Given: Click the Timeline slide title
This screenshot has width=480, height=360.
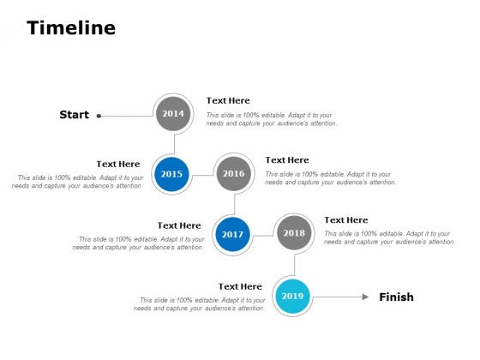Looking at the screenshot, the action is coord(71,27).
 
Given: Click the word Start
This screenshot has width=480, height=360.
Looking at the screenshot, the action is coord(74,115).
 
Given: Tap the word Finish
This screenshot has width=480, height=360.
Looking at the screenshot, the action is coord(396,297).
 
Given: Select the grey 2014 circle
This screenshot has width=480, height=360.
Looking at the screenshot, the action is coord(173,113).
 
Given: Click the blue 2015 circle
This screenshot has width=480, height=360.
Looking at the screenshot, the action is coord(171,174).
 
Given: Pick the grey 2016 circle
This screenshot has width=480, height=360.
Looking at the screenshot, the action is coord(233,173).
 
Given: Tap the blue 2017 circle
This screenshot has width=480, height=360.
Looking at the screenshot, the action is coord(232,234).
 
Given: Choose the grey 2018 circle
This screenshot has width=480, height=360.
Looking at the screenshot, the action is coord(294,233).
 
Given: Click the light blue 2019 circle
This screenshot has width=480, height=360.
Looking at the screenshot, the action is coord(292,296).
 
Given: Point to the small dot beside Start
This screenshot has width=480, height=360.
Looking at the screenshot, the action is coord(99,116).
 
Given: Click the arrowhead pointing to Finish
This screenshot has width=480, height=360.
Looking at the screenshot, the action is coord(365,297).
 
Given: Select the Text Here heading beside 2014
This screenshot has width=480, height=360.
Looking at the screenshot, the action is coord(228,100).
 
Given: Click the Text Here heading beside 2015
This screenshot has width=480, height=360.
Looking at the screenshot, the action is coord(118,164).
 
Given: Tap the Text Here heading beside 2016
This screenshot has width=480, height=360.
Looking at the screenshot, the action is coord(287,160).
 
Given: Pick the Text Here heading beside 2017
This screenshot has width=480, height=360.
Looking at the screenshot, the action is coord(179,225).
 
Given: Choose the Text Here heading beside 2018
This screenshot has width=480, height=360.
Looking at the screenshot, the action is coord(346,220).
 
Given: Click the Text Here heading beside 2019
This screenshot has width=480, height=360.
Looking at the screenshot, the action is coord(240,286).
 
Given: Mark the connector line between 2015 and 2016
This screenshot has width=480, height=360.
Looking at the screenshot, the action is coord(202,176).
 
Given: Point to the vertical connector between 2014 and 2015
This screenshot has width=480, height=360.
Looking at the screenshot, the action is coord(175,144).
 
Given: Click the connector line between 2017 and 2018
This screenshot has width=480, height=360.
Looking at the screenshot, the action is coord(263,236).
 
